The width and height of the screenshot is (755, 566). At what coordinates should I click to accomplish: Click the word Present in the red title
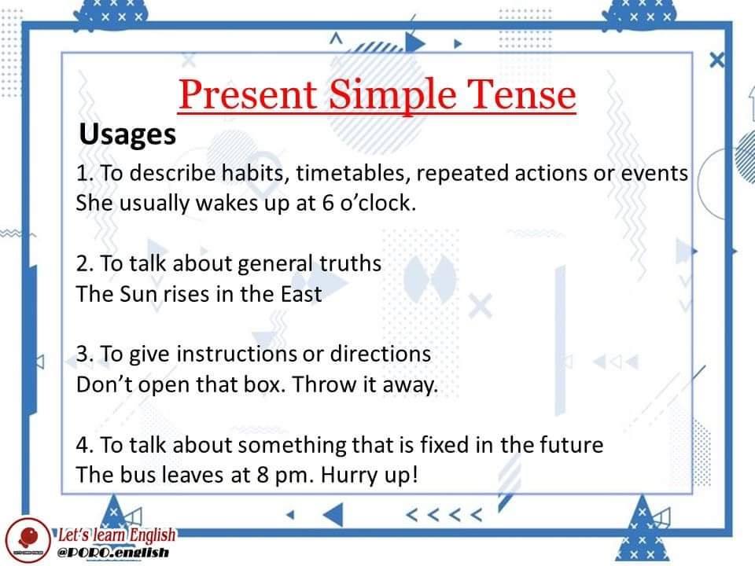point(248,94)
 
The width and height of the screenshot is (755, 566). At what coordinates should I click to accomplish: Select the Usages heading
point(127,134)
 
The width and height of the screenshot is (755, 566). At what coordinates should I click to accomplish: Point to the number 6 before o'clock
point(328,203)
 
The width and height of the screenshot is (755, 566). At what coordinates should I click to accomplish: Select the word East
point(301,294)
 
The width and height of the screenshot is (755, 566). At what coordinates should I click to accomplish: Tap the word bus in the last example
point(138,475)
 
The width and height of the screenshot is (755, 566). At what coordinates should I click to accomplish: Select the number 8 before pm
point(263,475)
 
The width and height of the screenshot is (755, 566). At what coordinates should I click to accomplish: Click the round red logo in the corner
point(28,539)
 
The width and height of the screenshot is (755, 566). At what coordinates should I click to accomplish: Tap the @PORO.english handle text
point(113,553)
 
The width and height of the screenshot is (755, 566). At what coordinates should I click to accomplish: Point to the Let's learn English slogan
point(117,535)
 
